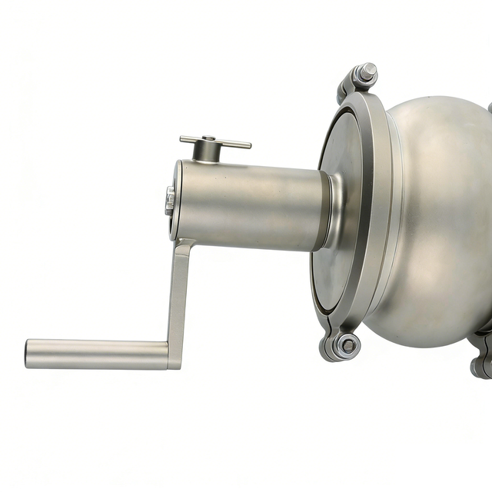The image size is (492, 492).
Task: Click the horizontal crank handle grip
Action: (x=96, y=354)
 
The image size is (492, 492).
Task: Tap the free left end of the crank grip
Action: (x=28, y=354)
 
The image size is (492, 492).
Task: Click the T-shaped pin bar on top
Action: (x=215, y=141)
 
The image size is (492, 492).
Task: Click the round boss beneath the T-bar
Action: (x=206, y=153)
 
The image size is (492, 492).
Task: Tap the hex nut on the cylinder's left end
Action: (x=169, y=201)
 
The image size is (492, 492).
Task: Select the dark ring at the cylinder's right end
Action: (x=329, y=211)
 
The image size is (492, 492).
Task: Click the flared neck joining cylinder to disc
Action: (x=338, y=211)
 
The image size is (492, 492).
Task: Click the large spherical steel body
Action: (x=438, y=223)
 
